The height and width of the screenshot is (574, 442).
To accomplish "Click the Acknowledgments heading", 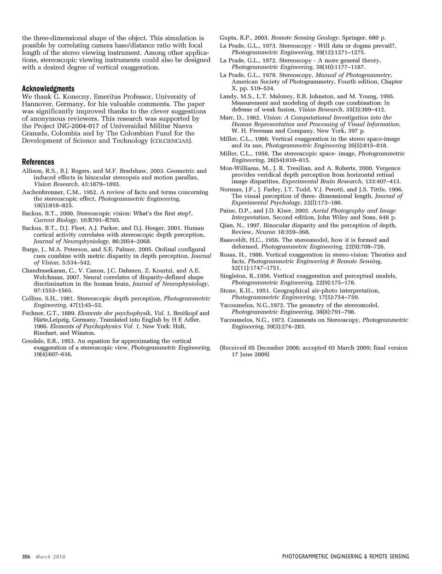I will click(x=48, y=88).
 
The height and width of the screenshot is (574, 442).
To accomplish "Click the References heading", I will click(x=38, y=162).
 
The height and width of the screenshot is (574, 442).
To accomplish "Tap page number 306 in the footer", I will click(x=26, y=557).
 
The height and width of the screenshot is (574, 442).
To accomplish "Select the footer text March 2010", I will click(x=51, y=557).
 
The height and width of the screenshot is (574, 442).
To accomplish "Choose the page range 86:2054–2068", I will click(x=131, y=241).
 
